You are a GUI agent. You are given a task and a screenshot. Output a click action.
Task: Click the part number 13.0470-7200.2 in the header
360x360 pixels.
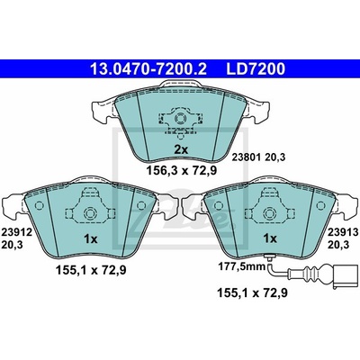tap(148, 69)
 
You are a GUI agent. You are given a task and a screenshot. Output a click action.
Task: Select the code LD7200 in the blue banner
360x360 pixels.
tap(256, 69)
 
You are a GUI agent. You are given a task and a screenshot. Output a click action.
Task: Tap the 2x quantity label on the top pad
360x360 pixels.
tap(181, 149)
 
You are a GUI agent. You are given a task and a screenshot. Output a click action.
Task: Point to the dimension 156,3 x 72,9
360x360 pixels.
tap(182, 171)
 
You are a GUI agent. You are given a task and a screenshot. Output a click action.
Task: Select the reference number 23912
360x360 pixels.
tap(17, 232)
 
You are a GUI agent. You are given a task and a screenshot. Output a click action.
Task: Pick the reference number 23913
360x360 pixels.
tap(343, 232)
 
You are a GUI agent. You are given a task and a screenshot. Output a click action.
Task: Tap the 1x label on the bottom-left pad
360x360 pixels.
tap(91, 239)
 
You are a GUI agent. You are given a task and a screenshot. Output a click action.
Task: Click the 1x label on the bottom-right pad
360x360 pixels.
tap(270, 239)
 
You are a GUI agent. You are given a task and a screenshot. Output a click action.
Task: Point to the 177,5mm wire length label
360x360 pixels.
tap(241, 265)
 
